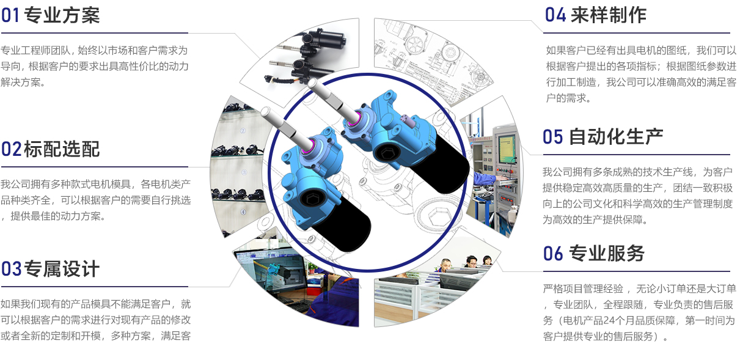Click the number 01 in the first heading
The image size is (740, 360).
pos(10,15)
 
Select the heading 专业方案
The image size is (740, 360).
pos(62,15)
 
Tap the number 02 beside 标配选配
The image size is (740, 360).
pos(11,149)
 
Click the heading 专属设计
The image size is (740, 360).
pos(62,268)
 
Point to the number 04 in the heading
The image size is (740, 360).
pos(555,15)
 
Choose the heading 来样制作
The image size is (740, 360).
pos(609,15)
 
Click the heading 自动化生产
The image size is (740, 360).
pos(616,136)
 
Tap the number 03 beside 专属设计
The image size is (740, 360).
pos(11,268)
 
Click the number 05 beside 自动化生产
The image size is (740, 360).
pos(552,137)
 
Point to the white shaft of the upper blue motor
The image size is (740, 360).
pos(334,99)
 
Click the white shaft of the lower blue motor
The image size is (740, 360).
pos(287,127)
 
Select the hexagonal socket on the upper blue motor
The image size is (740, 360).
pos(386,153)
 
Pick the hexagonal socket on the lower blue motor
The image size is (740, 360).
pos(312,199)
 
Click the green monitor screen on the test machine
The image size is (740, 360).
pos(507,149)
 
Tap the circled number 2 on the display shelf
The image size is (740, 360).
pos(243,131)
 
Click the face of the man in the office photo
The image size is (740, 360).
pos(446,264)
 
